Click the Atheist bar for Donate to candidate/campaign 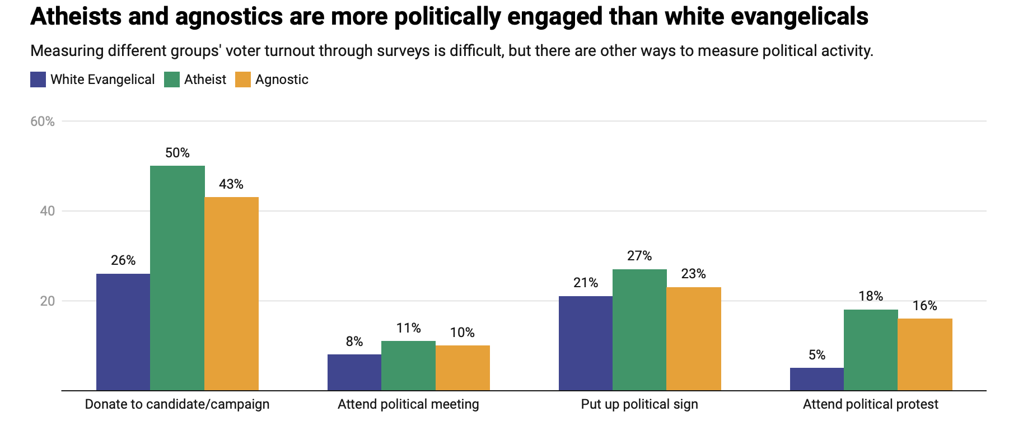[x=177, y=278]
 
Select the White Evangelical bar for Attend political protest [x=816, y=379]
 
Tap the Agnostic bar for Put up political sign [x=694, y=339]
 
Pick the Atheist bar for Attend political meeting [x=408, y=366]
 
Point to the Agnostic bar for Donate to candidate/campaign [x=231, y=293]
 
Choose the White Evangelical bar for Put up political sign [x=585, y=343]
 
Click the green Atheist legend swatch [x=172, y=79]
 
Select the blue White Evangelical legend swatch [x=38, y=79]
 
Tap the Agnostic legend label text [x=282, y=79]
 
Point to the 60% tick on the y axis [x=43, y=121]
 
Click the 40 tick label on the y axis [x=48, y=211]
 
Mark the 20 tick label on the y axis [x=48, y=301]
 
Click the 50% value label [x=177, y=153]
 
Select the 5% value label [x=817, y=355]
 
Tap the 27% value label [x=639, y=256]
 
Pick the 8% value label [x=354, y=342]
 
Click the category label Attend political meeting [x=408, y=404]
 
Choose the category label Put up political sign [x=639, y=404]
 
